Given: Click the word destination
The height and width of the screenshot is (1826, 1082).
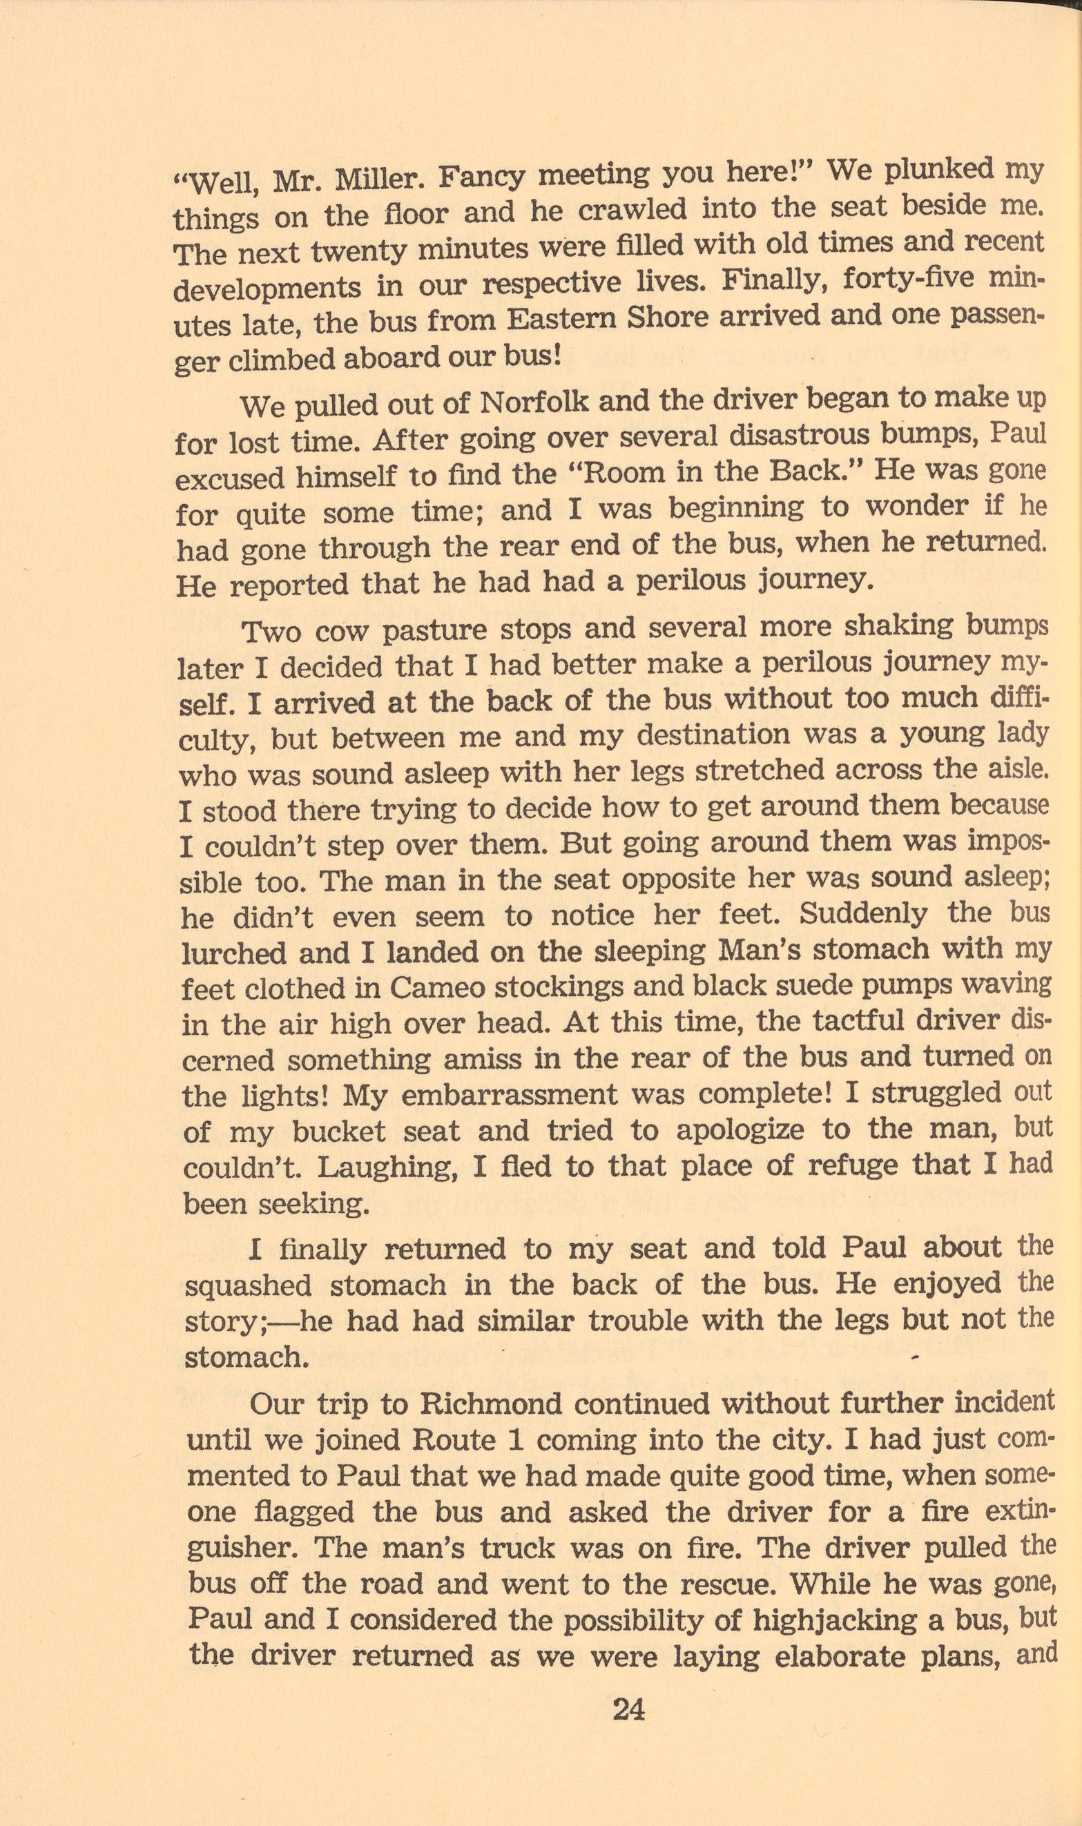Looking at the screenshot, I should pos(713,735).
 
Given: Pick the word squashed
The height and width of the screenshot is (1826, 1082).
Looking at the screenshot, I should pos(249,1285).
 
